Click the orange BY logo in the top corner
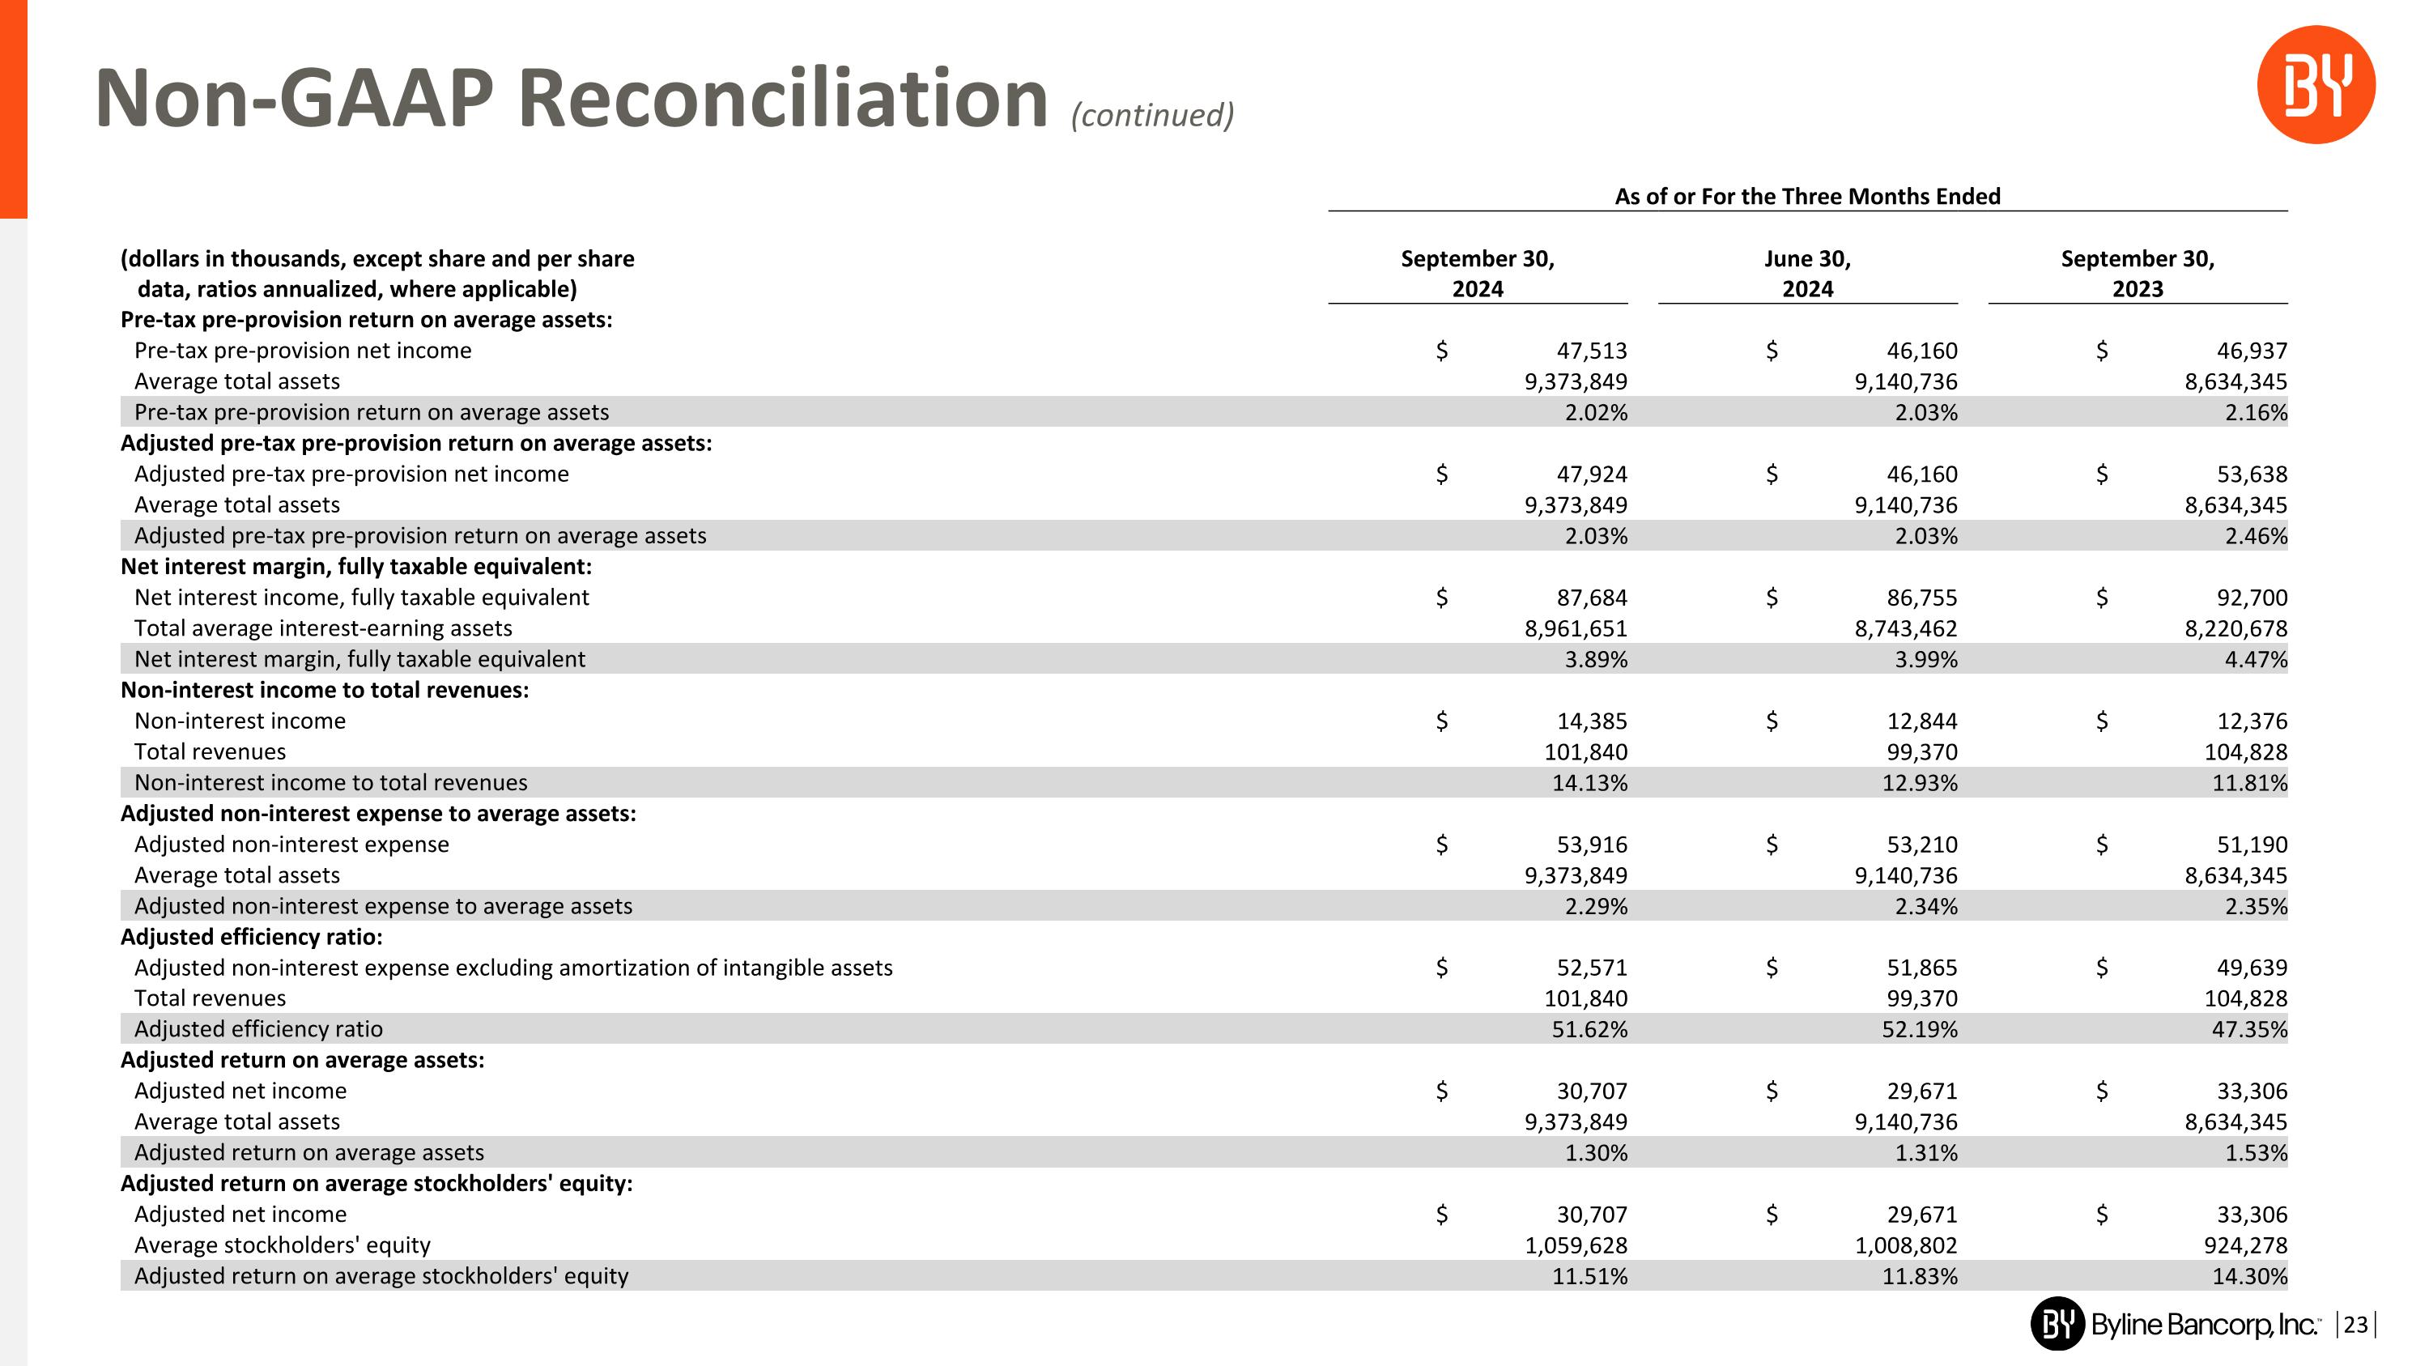point(2315,85)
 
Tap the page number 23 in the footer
point(2355,1325)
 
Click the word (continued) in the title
point(1152,115)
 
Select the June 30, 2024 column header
point(1806,274)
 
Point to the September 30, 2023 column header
point(2137,274)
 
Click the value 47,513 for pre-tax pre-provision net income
point(1591,351)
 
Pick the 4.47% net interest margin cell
point(2256,659)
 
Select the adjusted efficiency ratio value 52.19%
point(1919,1029)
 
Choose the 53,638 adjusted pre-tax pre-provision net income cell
point(2251,474)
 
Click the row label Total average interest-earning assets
point(322,628)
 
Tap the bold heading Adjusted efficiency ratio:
point(251,937)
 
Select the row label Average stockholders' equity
point(282,1245)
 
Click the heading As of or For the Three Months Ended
point(1806,196)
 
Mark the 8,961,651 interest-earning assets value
point(1575,628)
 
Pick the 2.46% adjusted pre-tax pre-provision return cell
point(2256,535)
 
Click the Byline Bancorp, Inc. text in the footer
point(2202,1325)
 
